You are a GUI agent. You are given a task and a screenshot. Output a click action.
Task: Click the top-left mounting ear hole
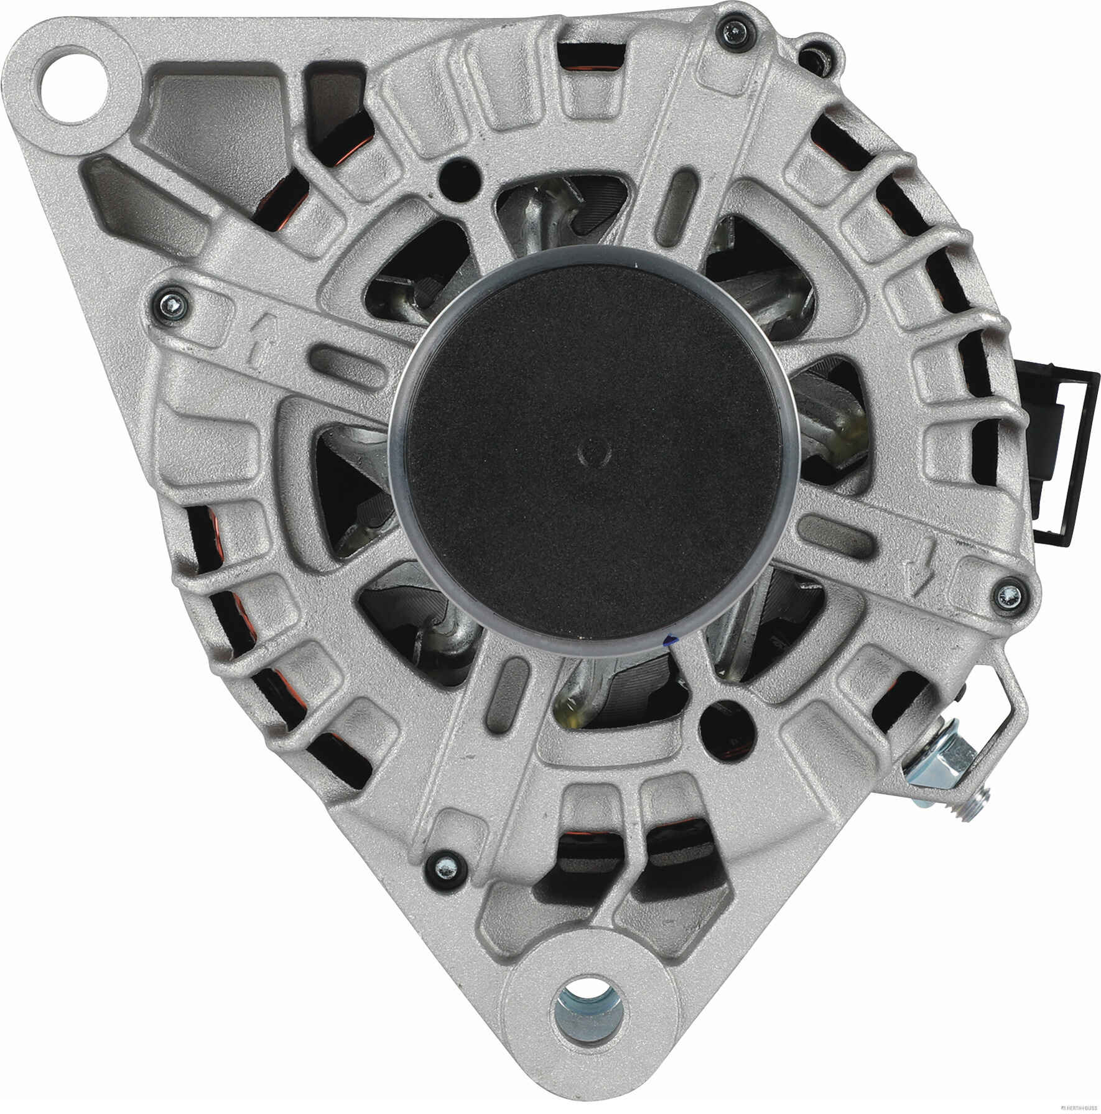[78, 80]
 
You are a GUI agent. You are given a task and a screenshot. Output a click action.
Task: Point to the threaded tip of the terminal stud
[981, 802]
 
